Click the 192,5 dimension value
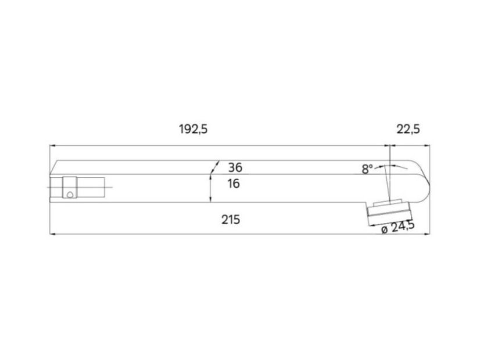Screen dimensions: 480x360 pos(193,129)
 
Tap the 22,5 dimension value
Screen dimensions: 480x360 pos(408,129)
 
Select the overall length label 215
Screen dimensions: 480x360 pos(231,219)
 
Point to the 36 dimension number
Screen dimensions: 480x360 pos(235,168)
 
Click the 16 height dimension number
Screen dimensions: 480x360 pos(234,183)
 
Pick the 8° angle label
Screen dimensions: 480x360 pos(367,168)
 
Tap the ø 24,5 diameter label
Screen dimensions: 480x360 pos(398,227)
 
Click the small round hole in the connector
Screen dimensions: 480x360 pos(70,195)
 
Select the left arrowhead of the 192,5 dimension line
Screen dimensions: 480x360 pos(53,146)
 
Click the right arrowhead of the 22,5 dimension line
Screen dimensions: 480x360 pos(427,146)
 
